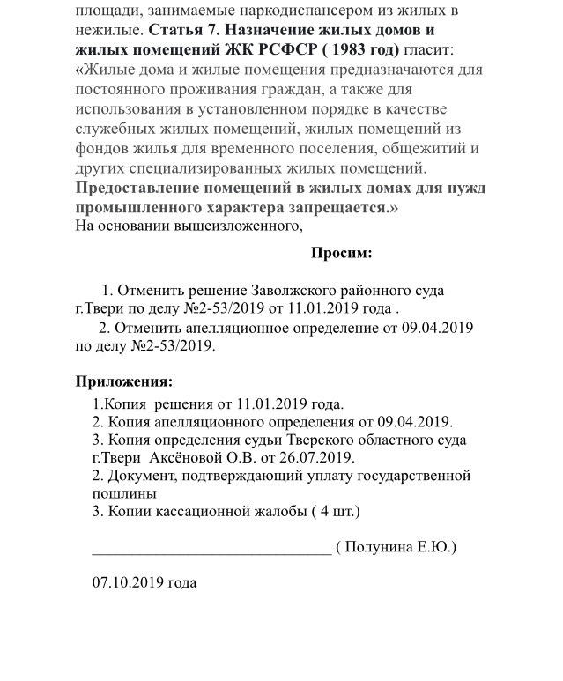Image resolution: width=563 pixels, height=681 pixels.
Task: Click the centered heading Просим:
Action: point(341,254)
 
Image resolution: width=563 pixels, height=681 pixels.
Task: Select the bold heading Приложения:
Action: point(123,382)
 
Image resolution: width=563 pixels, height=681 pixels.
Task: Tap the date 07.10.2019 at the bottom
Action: point(144,583)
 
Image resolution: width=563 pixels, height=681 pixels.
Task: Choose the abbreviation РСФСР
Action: point(284,49)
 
